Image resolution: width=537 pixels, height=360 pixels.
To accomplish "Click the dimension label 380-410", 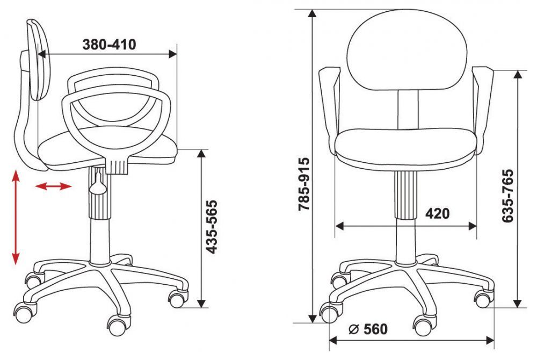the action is click(x=109, y=45).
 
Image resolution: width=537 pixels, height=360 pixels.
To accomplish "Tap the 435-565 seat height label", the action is click(x=212, y=226).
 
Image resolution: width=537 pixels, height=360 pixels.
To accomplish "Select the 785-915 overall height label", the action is click(x=304, y=184).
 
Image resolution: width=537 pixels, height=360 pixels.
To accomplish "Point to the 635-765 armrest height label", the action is click(x=508, y=196).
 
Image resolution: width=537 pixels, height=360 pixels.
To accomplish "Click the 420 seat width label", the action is click(x=437, y=213).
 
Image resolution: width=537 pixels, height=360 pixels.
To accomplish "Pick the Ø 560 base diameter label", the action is click(x=368, y=329).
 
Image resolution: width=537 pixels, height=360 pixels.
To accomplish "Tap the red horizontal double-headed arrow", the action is click(x=53, y=186).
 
